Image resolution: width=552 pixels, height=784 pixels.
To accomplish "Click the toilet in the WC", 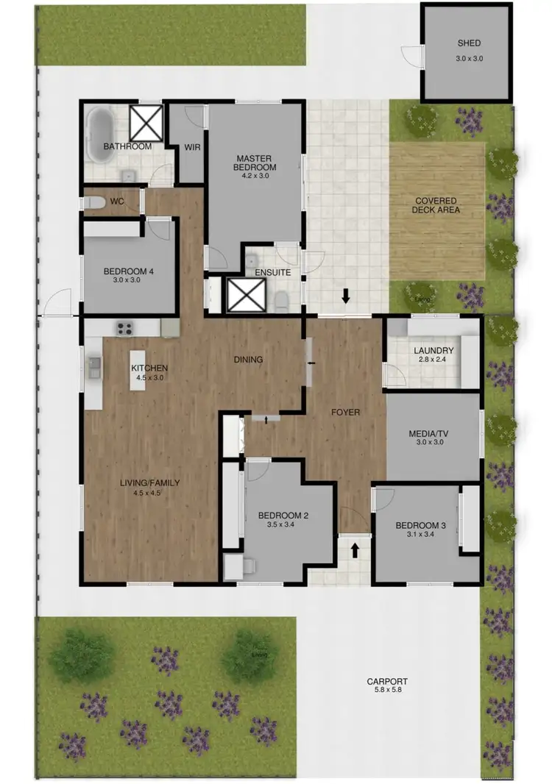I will [94, 202].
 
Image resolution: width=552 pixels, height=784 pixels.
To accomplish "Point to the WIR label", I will [192, 147].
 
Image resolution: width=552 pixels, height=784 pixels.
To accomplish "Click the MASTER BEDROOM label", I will [255, 163].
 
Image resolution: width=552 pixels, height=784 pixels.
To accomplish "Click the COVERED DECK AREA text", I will [436, 205].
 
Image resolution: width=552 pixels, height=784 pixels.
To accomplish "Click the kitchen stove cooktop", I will [124, 328].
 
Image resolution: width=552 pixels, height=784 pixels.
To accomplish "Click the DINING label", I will [248, 360].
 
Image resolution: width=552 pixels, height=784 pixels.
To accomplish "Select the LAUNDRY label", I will [433, 351].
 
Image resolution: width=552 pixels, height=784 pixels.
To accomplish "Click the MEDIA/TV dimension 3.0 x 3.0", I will [433, 444].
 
